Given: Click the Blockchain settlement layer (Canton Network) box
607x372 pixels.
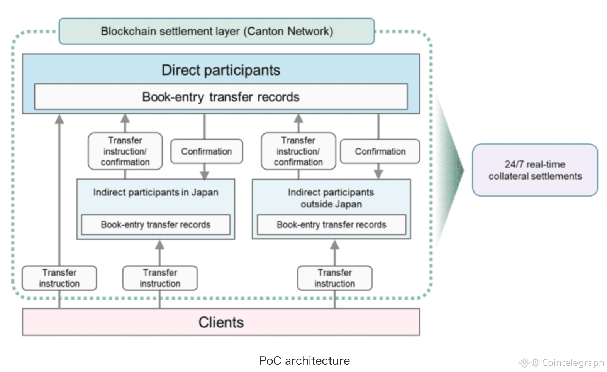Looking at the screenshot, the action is click(x=217, y=31).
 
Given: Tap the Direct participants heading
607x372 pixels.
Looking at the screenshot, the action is click(x=221, y=70).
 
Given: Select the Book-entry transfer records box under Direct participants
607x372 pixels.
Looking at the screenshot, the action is click(x=221, y=97).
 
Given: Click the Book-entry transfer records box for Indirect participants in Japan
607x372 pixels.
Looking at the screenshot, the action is click(x=156, y=225).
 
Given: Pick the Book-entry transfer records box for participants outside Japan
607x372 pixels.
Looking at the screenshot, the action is click(x=331, y=225).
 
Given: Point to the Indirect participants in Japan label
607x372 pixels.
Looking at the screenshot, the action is click(x=156, y=192).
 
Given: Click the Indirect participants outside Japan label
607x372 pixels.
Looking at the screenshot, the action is click(x=331, y=198).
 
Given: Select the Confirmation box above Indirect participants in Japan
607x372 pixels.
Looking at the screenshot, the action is click(x=207, y=151).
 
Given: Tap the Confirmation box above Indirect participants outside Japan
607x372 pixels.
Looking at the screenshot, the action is click(x=380, y=151).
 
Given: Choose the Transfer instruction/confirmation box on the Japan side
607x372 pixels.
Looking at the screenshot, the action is click(x=125, y=151).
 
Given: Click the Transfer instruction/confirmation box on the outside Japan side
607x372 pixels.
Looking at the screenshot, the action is click(x=298, y=151).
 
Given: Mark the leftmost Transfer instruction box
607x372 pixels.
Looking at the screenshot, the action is click(x=59, y=278).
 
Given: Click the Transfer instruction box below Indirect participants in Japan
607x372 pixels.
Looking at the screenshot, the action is click(x=160, y=278).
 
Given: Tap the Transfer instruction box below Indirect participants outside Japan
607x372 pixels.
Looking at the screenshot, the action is click(x=335, y=278).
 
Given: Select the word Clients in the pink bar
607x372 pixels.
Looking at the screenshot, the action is click(x=221, y=322).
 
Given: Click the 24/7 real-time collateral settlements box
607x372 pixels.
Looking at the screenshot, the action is click(x=535, y=170).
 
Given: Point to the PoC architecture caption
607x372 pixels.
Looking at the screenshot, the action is click(x=304, y=361).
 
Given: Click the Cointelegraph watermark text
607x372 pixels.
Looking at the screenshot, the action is click(x=573, y=362).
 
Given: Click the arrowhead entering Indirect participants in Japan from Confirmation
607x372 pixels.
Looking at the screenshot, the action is click(x=205, y=175).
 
